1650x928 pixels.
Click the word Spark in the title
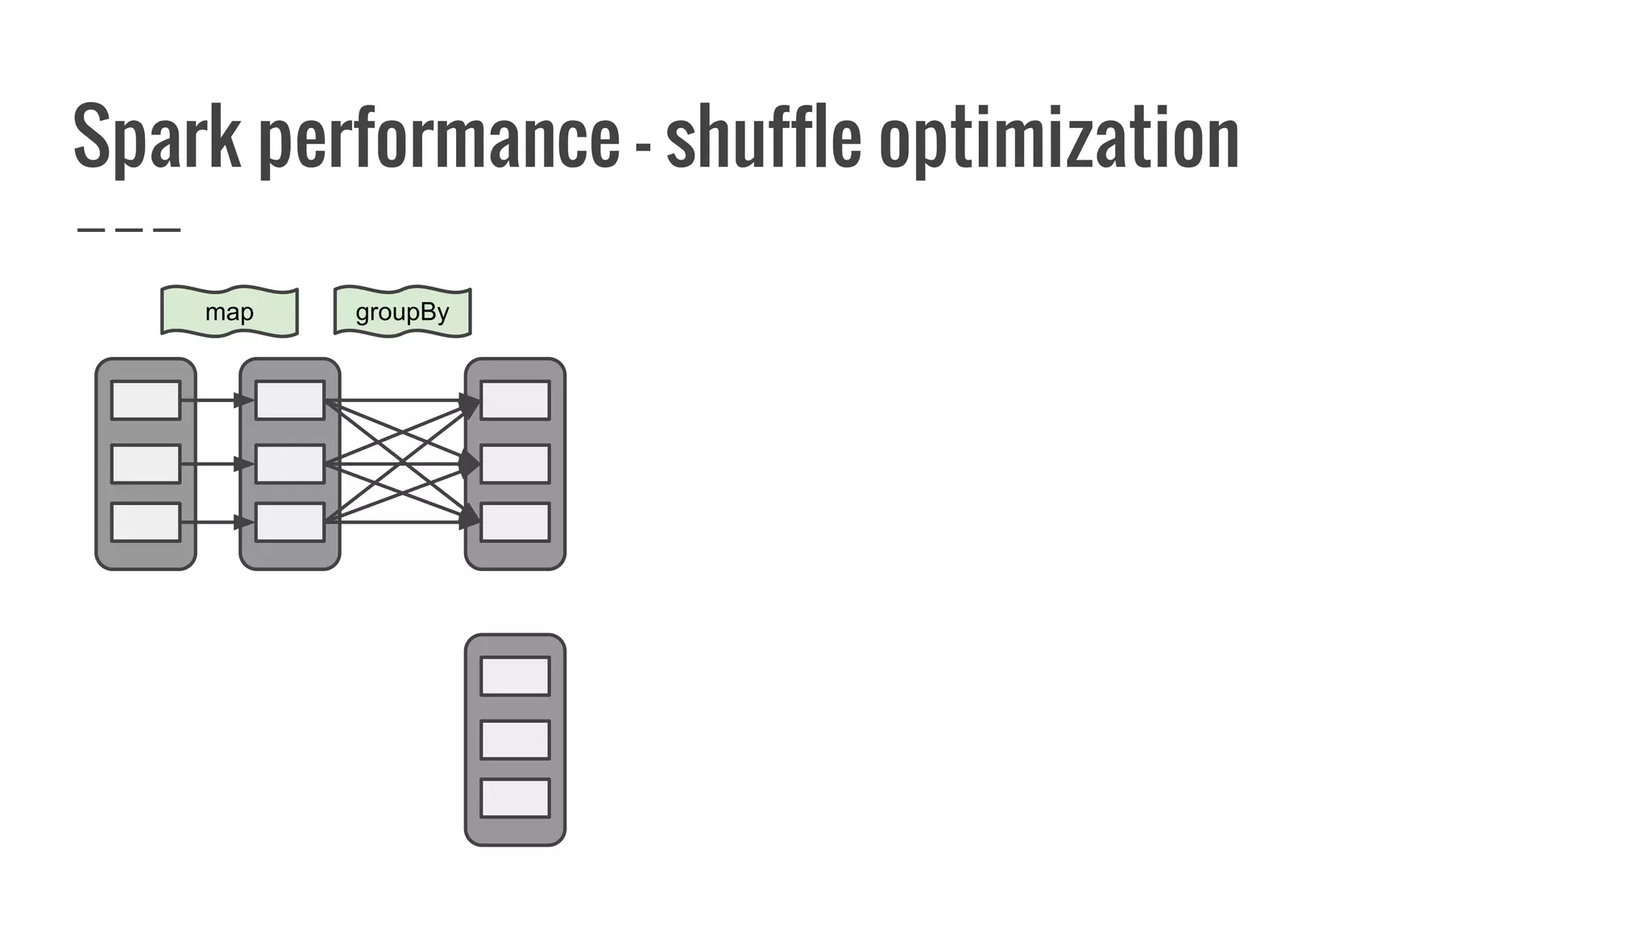pyautogui.click(x=157, y=137)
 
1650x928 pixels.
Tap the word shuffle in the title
pyautogui.click(x=763, y=137)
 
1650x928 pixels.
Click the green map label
pyautogui.click(x=230, y=312)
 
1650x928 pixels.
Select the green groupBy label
pyautogui.click(x=402, y=312)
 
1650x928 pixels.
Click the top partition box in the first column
pyautogui.click(x=146, y=400)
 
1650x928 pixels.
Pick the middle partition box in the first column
pyautogui.click(x=146, y=464)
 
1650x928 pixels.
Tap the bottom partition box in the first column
pyautogui.click(x=146, y=523)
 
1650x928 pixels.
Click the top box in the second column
pyautogui.click(x=290, y=400)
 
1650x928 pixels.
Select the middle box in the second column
pyautogui.click(x=290, y=464)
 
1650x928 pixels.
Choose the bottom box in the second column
pyautogui.click(x=290, y=523)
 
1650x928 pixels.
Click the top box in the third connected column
pyautogui.click(x=516, y=400)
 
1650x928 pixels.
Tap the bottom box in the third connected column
pyautogui.click(x=516, y=523)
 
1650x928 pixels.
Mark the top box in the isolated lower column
pyautogui.click(x=516, y=676)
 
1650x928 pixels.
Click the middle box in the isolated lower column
pyautogui.click(x=516, y=739)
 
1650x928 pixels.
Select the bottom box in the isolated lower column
pyautogui.click(x=516, y=798)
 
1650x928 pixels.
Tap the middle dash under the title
pyautogui.click(x=129, y=230)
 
